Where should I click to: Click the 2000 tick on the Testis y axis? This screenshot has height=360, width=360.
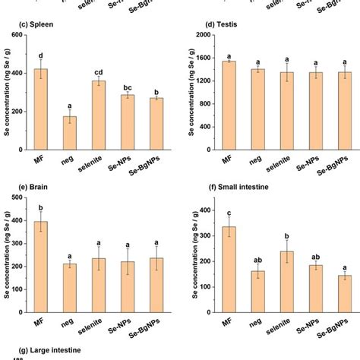pos(201,35)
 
